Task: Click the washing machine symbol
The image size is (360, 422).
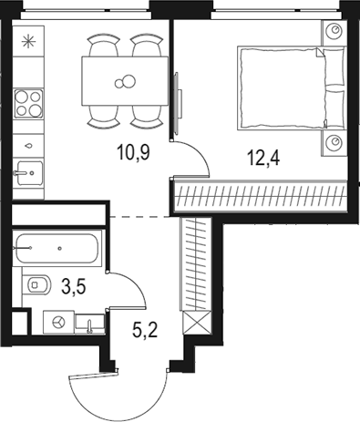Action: (59, 322)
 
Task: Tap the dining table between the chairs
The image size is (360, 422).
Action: (123, 83)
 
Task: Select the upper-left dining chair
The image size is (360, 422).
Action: (101, 46)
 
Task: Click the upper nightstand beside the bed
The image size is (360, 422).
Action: (334, 33)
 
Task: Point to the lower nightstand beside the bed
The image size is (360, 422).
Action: (334, 143)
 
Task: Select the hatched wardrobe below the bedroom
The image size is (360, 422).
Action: (261, 194)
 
